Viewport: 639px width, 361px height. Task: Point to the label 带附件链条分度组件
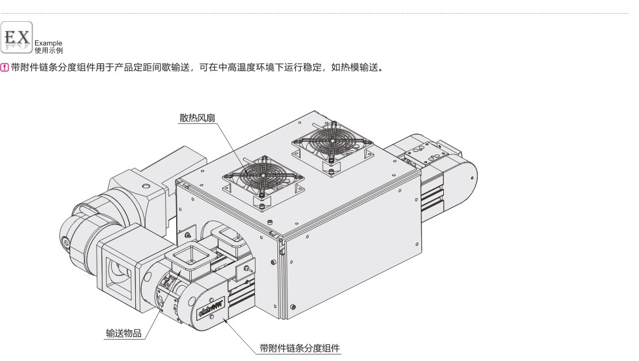300,348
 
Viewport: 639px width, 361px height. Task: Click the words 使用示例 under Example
49,50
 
